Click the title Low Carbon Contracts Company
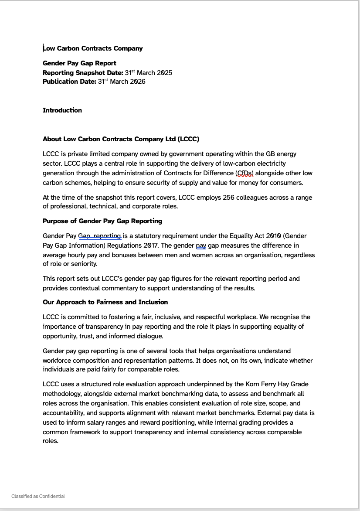(x=93, y=48)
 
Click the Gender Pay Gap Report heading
(x=79, y=63)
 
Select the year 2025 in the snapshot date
(x=164, y=73)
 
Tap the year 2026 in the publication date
(x=137, y=82)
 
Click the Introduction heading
(x=62, y=110)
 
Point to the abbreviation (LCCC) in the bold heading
(x=188, y=139)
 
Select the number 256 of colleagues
(x=228, y=198)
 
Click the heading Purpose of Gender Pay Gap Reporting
(x=102, y=221)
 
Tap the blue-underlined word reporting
(x=107, y=236)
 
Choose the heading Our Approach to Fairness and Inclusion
(x=105, y=302)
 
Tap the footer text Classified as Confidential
(x=38, y=496)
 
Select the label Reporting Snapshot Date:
(x=83, y=73)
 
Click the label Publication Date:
(x=69, y=82)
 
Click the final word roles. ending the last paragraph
(x=51, y=441)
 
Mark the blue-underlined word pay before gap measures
(x=201, y=245)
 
